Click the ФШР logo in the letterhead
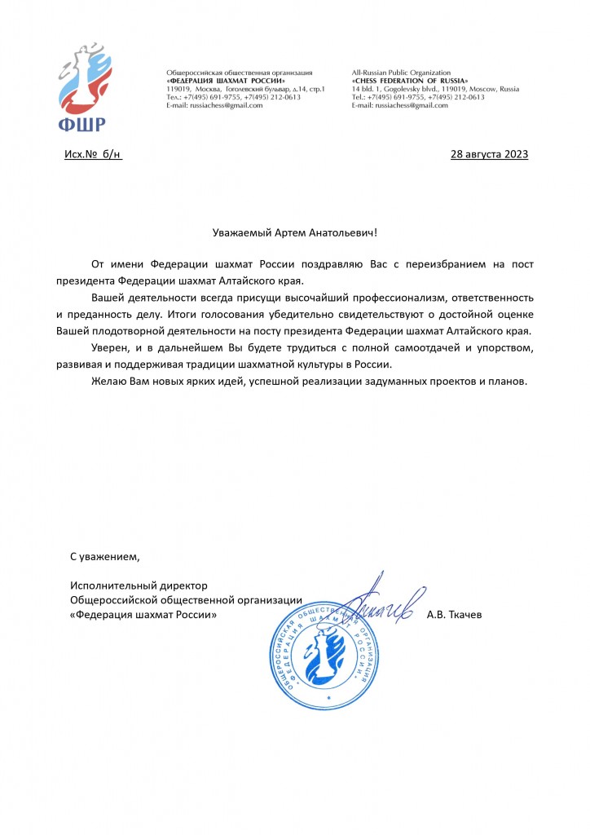point(81,89)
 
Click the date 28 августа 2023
point(489,154)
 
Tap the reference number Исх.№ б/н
point(94,154)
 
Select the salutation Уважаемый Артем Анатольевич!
point(294,233)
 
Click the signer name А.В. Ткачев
point(454,614)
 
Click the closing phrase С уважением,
point(105,557)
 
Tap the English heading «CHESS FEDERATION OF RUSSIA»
point(410,81)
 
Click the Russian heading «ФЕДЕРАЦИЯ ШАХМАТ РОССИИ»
point(226,81)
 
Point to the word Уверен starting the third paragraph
point(110,348)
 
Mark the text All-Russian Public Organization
point(401,73)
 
